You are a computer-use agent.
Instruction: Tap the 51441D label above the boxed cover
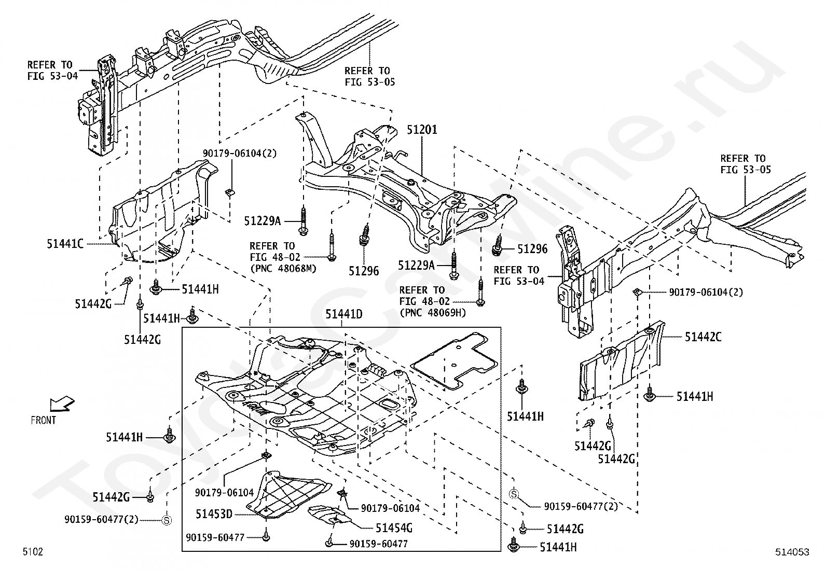click(x=343, y=314)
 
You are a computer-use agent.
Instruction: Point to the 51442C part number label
click(x=703, y=337)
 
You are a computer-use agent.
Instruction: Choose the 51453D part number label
click(x=214, y=514)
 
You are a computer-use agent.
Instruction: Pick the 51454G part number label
click(x=394, y=528)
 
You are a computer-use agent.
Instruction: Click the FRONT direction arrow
click(x=62, y=404)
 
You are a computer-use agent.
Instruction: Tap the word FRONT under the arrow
click(x=43, y=420)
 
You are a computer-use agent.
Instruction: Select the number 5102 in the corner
click(x=32, y=551)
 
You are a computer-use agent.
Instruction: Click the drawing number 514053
click(x=792, y=552)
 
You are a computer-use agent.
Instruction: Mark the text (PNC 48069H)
click(x=433, y=313)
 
